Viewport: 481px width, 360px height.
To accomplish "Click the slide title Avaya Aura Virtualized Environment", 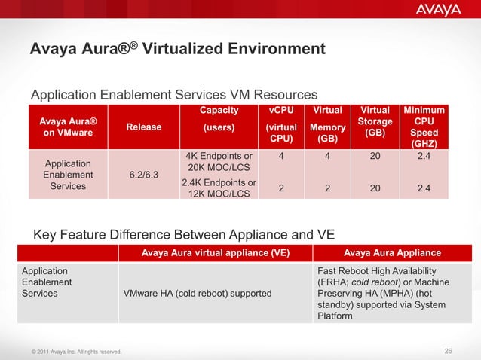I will point(177,50).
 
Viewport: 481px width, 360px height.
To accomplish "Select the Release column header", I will point(143,127).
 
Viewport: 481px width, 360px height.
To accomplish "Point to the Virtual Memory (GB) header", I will point(327,127).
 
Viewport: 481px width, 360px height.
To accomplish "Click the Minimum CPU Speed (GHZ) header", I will point(424,127).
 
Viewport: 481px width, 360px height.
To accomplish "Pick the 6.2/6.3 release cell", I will point(143,175).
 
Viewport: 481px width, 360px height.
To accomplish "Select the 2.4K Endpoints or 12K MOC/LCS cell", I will point(219,188).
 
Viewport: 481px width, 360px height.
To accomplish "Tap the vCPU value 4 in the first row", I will point(281,157).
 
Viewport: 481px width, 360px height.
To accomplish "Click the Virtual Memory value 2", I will point(327,189).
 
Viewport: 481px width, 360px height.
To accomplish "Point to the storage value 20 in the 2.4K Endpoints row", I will point(375,189).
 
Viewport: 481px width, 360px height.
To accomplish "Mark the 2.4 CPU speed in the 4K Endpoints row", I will point(424,157).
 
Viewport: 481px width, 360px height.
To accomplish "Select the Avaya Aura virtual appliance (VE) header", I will point(214,252).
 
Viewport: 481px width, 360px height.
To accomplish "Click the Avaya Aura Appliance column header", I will point(392,252).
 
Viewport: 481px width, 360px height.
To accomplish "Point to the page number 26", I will point(449,350).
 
